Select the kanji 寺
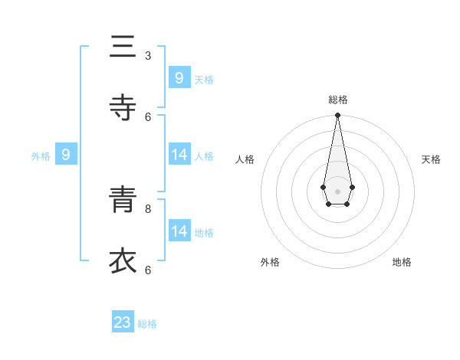pyautogui.click(x=123, y=108)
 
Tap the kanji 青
pyautogui.click(x=123, y=201)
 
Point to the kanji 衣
pyautogui.click(x=123, y=261)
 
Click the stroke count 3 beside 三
pyautogui.click(x=148, y=55)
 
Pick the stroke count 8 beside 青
pyautogui.click(x=148, y=208)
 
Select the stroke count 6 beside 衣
pyautogui.click(x=148, y=270)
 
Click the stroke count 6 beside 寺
pyautogui.click(x=148, y=116)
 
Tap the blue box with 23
pyautogui.click(x=123, y=322)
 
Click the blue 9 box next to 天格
pyautogui.click(x=179, y=77)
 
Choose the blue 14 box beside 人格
pyautogui.click(x=179, y=155)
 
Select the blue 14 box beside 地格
pyautogui.click(x=179, y=231)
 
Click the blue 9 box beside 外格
pyautogui.click(x=66, y=155)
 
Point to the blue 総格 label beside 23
pyautogui.click(x=147, y=324)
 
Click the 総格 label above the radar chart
pyautogui.click(x=337, y=100)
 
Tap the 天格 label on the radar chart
pyautogui.click(x=431, y=159)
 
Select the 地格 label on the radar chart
pyautogui.click(x=402, y=262)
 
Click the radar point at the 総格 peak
pyautogui.click(x=337, y=116)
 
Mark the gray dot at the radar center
pyautogui.click(x=337, y=191)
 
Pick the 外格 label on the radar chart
pyautogui.click(x=270, y=262)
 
